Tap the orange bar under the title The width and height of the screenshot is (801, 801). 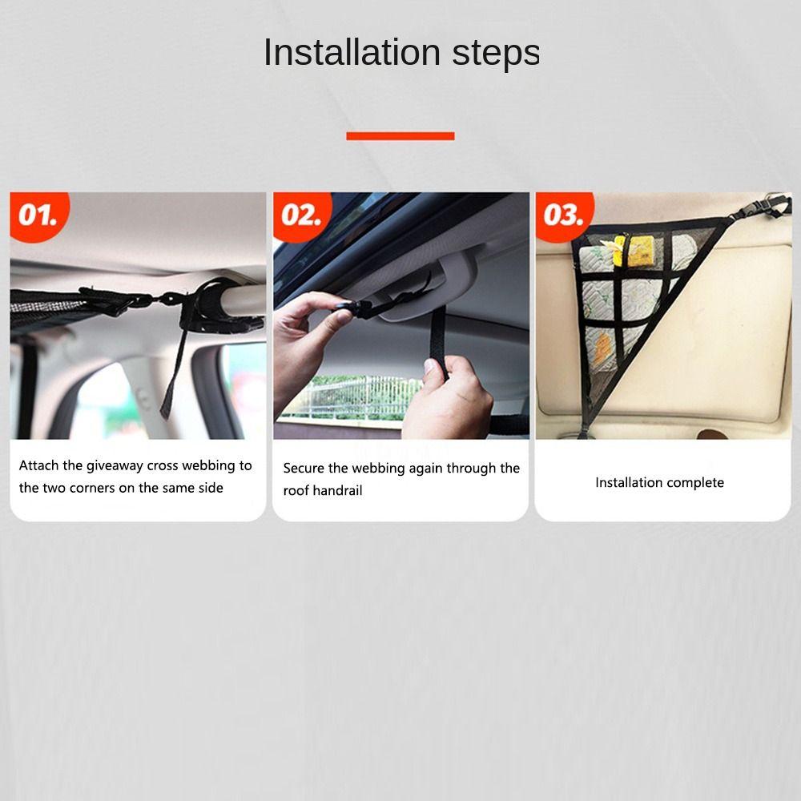(x=400, y=136)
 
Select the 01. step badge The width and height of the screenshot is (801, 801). (x=37, y=215)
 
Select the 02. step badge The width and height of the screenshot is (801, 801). (x=300, y=215)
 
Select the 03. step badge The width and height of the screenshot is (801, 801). (x=563, y=215)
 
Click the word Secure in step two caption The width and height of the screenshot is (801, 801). (x=304, y=469)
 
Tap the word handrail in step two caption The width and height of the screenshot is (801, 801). (x=337, y=490)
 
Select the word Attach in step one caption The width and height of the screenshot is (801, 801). (x=38, y=466)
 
